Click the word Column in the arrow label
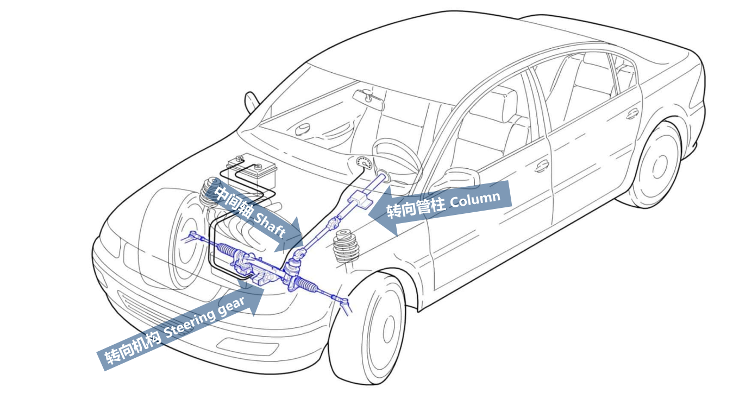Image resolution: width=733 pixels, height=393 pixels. click(x=474, y=199)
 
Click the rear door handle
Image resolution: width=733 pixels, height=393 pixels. click(x=632, y=114)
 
